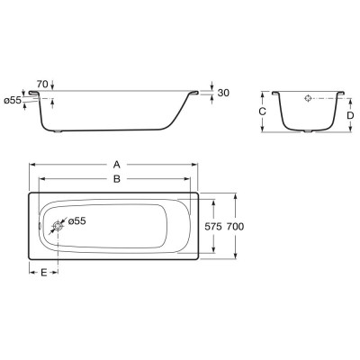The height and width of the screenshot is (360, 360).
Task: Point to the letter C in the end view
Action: tap(262, 111)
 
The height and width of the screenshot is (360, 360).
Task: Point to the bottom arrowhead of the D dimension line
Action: tap(348, 130)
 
